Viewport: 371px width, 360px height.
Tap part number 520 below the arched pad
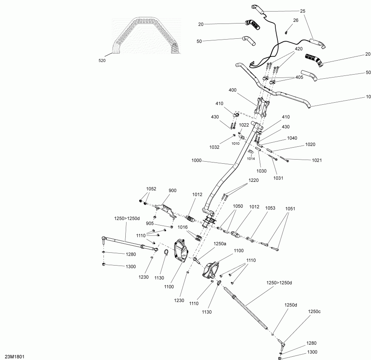102,61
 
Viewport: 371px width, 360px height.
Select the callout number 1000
196,160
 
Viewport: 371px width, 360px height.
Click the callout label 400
232,90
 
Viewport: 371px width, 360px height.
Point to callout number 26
296,20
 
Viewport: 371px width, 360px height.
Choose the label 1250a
220,244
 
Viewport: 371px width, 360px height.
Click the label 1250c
314,312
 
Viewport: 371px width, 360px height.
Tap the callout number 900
172,191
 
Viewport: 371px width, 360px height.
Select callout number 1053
270,208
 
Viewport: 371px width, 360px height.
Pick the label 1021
317,160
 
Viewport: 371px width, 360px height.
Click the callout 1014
251,159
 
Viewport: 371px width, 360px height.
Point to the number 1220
254,180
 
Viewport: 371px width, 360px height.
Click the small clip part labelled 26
286,33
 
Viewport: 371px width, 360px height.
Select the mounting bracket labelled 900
166,210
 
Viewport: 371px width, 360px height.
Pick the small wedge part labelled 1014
251,151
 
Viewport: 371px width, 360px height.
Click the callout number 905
150,224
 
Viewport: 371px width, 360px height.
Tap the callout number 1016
183,228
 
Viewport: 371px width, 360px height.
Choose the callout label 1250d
291,305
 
